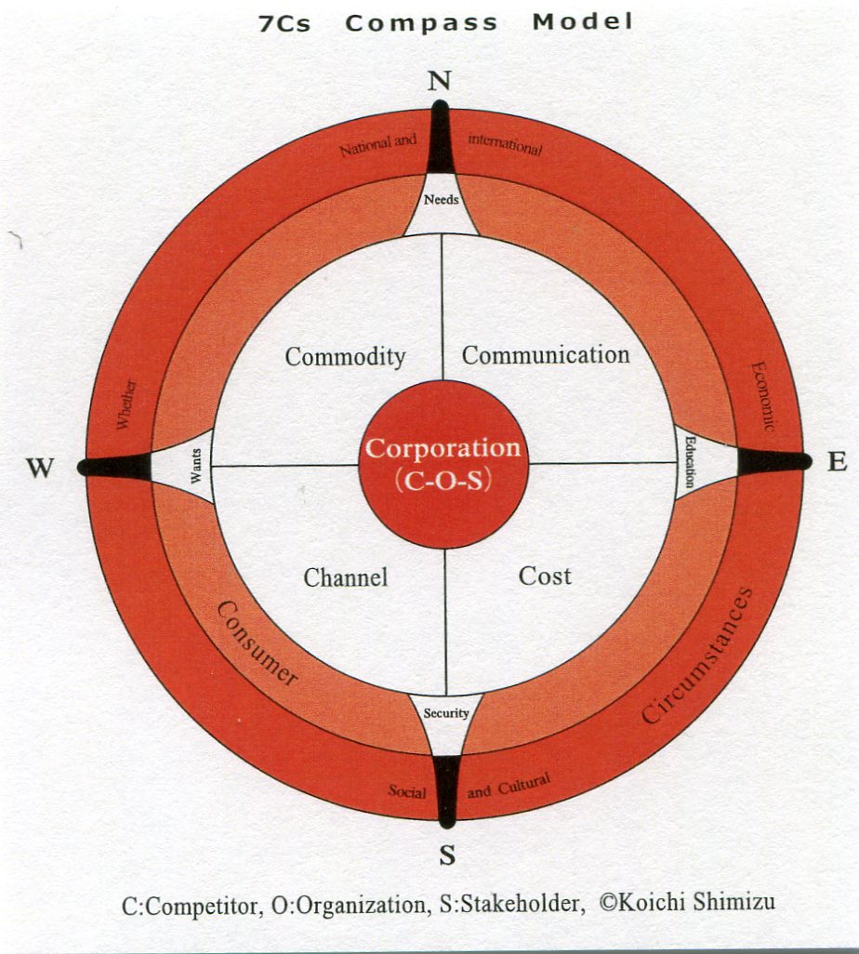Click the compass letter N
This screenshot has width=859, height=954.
pyautogui.click(x=440, y=81)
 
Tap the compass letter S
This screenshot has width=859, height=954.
pyautogui.click(x=447, y=855)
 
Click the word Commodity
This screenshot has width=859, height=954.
pyautogui.click(x=345, y=357)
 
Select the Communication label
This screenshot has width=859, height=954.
pyautogui.click(x=546, y=354)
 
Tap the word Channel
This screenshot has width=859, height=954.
pyautogui.click(x=345, y=577)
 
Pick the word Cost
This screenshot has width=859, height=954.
pyautogui.click(x=545, y=576)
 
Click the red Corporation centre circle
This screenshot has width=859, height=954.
pyautogui.click(x=443, y=463)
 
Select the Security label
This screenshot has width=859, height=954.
pyautogui.click(x=446, y=713)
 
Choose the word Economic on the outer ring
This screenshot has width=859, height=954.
pyautogui.click(x=767, y=407)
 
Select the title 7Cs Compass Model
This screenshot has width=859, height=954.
pyautogui.click(x=446, y=22)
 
